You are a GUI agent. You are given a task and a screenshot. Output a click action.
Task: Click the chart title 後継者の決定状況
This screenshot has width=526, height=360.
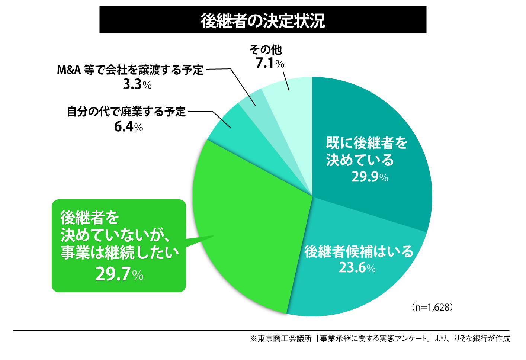pyautogui.click(x=263, y=21)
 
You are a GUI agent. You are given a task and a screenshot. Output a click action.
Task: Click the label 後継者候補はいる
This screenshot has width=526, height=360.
pyautogui.click(x=359, y=252)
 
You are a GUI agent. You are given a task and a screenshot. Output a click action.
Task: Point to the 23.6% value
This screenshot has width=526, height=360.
pyautogui.click(x=357, y=267)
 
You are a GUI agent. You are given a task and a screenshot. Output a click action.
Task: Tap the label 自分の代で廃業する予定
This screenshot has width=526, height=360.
pyautogui.click(x=126, y=112)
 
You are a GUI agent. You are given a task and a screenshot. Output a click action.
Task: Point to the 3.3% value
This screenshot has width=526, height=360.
pyautogui.click(x=137, y=85)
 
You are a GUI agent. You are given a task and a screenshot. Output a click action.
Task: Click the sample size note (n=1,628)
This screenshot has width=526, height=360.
pyautogui.click(x=432, y=308)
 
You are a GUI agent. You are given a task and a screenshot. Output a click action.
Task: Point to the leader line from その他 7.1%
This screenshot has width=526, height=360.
pyautogui.click(x=286, y=80)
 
